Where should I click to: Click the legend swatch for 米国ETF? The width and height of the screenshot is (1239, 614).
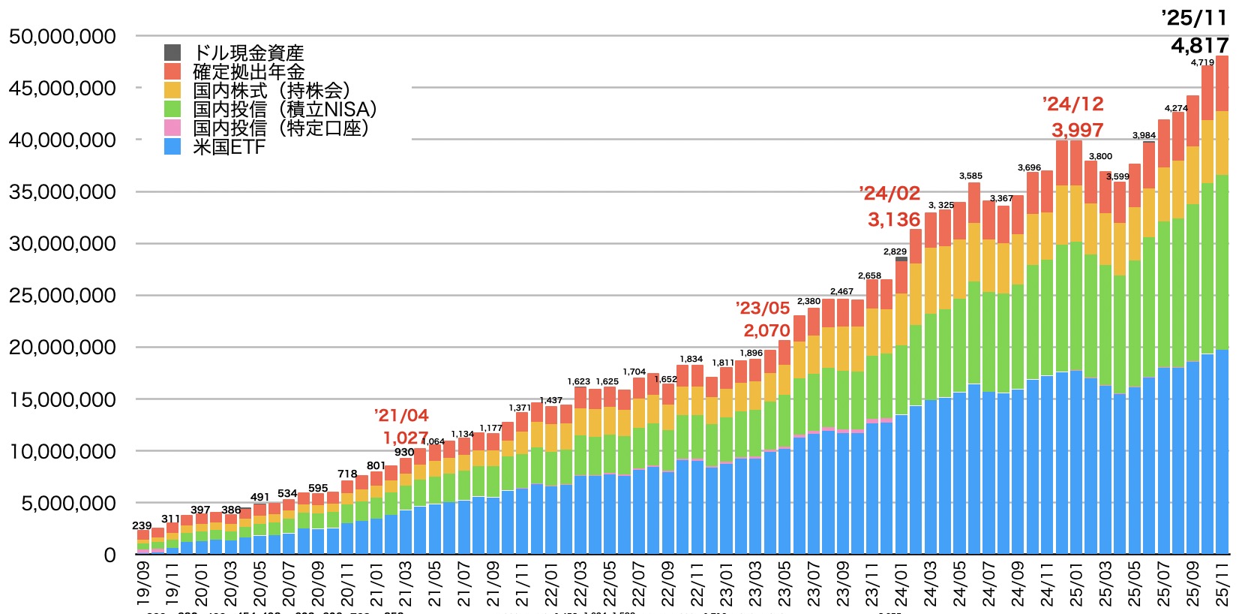[x=172, y=146]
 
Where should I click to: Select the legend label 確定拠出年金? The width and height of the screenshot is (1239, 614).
[x=249, y=71]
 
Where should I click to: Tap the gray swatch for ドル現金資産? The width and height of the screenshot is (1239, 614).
[x=172, y=53]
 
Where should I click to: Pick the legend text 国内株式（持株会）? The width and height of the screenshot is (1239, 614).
[x=271, y=90]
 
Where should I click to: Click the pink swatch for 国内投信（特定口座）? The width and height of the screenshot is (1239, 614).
[x=172, y=128]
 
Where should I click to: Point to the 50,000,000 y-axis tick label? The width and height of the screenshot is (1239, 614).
[x=62, y=36]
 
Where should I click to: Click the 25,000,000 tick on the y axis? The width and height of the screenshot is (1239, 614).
[x=62, y=296]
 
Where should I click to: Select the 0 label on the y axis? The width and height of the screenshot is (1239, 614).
[x=110, y=555]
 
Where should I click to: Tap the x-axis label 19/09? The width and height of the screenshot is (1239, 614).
[x=143, y=584]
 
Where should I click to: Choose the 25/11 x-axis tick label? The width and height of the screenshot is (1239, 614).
[x=1222, y=584]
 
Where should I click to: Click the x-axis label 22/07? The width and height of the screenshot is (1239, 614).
[x=638, y=584]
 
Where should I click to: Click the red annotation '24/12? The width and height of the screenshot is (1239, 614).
[x=1073, y=104]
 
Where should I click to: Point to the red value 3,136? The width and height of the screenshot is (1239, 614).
[x=894, y=219]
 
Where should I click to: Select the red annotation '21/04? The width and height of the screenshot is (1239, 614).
[x=401, y=415]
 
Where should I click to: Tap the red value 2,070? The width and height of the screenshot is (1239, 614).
[x=766, y=330]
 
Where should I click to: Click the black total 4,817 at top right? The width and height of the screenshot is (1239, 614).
[x=1199, y=46]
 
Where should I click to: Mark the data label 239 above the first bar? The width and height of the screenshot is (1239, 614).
[x=142, y=525]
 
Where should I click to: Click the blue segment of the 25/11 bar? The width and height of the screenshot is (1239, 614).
[x=1222, y=450]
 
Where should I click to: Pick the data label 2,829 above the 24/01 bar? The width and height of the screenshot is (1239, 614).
[x=895, y=251]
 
